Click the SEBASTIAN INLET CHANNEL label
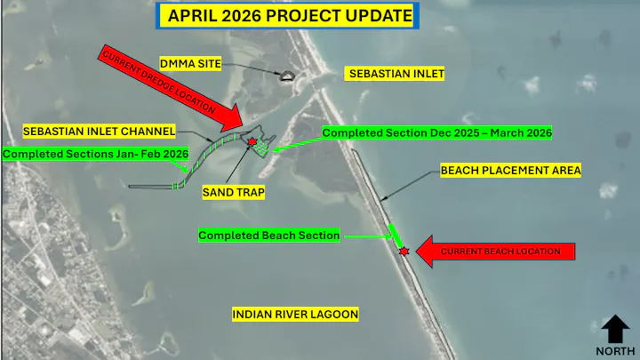pos(100,131)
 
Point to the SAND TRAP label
pos(234,191)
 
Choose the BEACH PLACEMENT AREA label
pos(510,170)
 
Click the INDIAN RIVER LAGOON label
pos(295,315)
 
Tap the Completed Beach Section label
pos(269,236)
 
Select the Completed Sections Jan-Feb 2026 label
pos(95,154)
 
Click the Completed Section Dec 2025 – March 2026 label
pos(437,132)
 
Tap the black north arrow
pos(615,329)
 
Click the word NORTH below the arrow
pos(615,350)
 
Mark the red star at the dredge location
pos(252,142)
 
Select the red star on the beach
pos(404,252)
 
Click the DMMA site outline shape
pos(287,76)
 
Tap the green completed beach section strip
pos(395,236)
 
